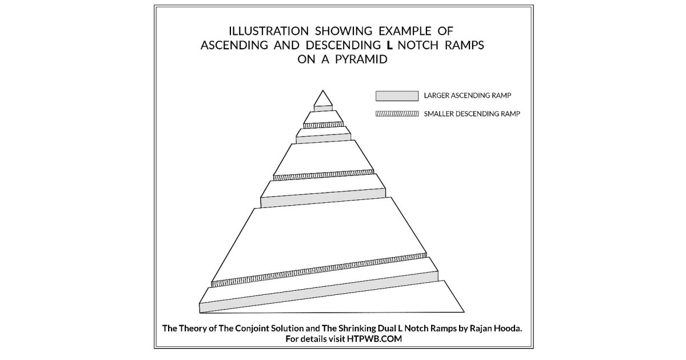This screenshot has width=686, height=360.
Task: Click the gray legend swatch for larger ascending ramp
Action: [397, 95]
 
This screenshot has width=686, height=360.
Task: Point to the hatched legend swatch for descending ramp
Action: [397, 113]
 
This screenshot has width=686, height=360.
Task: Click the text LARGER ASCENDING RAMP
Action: [467, 95]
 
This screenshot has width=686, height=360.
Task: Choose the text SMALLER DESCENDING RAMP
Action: [472, 113]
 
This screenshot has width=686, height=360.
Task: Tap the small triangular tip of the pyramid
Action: [323, 98]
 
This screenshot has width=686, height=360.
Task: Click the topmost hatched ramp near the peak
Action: [324, 125]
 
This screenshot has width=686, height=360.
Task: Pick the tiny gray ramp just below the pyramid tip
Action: [323, 108]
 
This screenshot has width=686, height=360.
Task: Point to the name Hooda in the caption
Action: [506, 329]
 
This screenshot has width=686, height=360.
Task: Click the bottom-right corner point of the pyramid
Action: [464, 312]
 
